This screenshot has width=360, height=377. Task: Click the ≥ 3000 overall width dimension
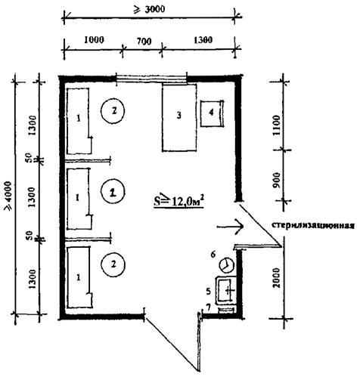(x=149, y=10)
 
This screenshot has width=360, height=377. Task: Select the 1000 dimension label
(x=94, y=40)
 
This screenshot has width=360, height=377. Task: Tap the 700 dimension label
(x=144, y=41)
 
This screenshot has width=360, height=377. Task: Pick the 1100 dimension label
(x=277, y=125)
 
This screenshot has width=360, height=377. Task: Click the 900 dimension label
(x=277, y=180)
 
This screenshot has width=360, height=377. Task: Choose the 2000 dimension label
(x=277, y=277)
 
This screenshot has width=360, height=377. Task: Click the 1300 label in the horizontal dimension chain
(x=203, y=40)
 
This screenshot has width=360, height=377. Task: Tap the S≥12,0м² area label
(x=178, y=202)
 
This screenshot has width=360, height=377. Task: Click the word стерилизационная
(x=313, y=225)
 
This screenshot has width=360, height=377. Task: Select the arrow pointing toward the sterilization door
(x=230, y=227)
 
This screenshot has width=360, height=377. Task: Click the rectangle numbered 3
(x=179, y=118)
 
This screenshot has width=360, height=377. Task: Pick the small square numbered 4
(x=212, y=113)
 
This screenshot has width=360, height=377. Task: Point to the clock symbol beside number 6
(x=227, y=264)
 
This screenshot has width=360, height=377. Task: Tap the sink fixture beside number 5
(x=225, y=290)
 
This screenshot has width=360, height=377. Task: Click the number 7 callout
(x=209, y=307)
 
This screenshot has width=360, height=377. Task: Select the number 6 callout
(x=213, y=255)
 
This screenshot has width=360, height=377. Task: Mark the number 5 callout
(x=208, y=292)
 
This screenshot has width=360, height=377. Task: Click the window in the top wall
(x=151, y=78)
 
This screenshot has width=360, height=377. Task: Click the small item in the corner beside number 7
(x=226, y=310)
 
